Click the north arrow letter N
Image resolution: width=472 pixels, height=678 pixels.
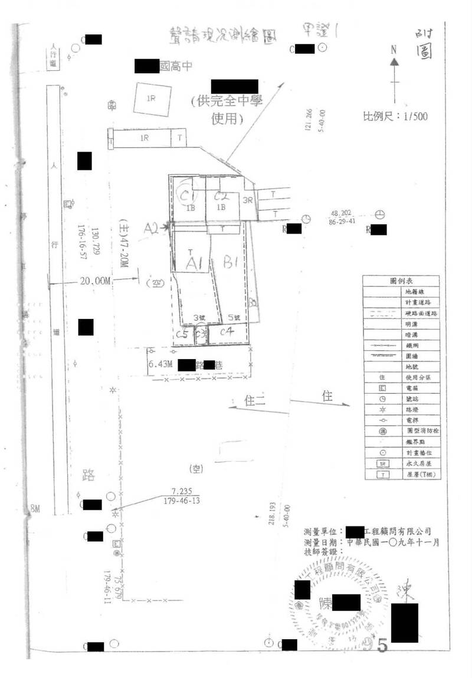394,51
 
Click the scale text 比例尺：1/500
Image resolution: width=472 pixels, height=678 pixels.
395,116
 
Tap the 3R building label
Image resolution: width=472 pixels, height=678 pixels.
248,200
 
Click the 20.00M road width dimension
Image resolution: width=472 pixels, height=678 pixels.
96,281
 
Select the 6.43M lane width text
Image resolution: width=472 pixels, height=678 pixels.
160,364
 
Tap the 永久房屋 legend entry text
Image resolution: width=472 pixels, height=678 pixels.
417,463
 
